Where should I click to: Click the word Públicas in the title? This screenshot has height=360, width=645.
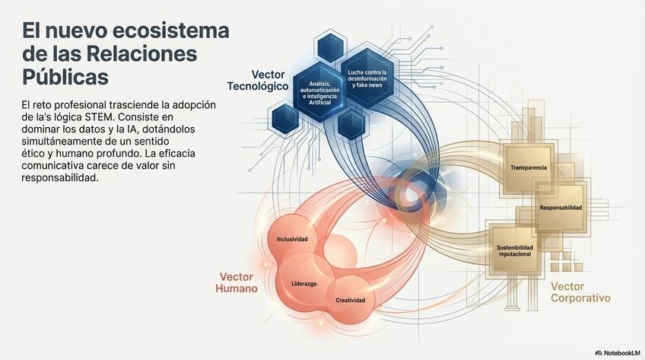(65, 77)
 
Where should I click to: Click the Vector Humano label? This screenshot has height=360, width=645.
(238, 283)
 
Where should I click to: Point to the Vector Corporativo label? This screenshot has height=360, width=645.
(580, 292)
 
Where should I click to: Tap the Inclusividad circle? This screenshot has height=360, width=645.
(292, 239)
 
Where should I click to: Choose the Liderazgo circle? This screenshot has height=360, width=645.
(304, 283)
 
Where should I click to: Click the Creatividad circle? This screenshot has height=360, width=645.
(351, 300)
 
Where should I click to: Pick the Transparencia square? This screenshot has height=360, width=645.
(529, 167)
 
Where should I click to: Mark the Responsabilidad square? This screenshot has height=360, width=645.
(561, 207)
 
